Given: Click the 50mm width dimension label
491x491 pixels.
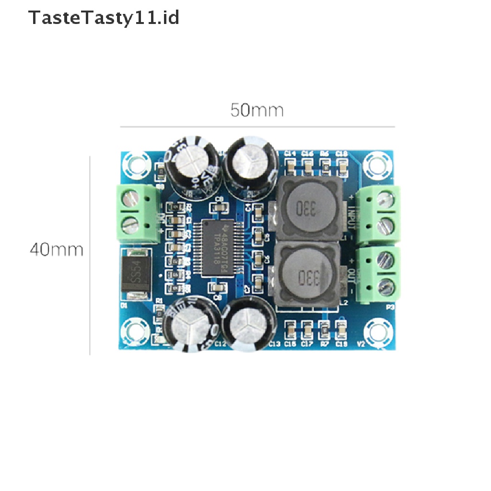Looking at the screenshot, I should pos(257,110).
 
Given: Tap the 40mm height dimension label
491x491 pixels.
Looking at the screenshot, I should pos(56,250).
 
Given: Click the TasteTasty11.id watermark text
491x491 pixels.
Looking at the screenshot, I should pos(104,18).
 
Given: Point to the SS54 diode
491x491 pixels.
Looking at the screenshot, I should pos(136,274).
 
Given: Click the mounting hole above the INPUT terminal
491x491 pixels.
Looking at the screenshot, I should pos(376,164).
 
